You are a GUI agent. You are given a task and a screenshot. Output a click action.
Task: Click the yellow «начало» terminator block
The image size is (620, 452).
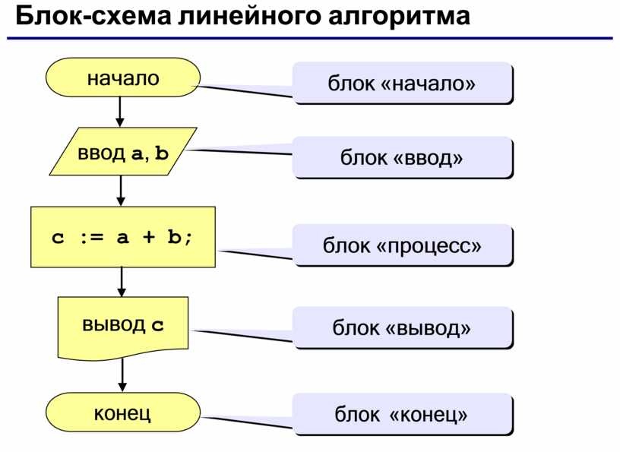coord(123,77)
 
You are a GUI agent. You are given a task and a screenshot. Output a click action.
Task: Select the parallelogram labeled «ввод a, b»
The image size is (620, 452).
coord(123,151)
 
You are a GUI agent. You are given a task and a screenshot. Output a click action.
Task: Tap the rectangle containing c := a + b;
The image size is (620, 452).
coord(123,237)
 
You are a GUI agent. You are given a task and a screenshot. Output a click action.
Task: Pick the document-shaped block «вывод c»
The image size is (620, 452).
coord(123,328)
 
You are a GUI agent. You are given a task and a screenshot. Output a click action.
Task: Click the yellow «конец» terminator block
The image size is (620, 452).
coord(123,412)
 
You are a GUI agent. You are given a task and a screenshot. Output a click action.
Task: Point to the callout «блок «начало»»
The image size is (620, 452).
coord(403,83)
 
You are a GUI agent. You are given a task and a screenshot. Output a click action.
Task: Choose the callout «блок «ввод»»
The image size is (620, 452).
coord(403,157)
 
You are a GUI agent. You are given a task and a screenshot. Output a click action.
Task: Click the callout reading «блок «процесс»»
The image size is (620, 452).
coord(403,245)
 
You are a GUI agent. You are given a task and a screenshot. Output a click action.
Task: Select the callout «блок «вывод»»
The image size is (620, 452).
coord(403,328)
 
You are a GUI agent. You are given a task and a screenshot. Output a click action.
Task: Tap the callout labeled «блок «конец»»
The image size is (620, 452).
coord(403,414)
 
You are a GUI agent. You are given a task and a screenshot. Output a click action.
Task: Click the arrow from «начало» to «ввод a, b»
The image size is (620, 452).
coord(120,112)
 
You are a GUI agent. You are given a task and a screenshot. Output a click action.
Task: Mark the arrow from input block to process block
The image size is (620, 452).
coord(121,191)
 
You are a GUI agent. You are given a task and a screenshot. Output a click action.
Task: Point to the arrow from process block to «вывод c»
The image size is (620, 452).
coord(122,282)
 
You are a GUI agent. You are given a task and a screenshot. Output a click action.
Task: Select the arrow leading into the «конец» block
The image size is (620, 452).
coord(122,375)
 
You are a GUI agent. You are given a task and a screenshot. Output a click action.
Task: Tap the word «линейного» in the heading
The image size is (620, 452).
coord(249,17)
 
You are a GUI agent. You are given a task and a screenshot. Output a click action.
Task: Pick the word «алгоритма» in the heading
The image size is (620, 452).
coord(399,17)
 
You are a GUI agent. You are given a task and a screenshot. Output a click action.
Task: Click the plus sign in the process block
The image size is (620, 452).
coord(149,237)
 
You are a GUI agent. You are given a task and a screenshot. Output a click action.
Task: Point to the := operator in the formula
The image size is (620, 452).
coord(92,237)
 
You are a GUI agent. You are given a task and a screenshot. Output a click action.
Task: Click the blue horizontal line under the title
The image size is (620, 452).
coord(310,38)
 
